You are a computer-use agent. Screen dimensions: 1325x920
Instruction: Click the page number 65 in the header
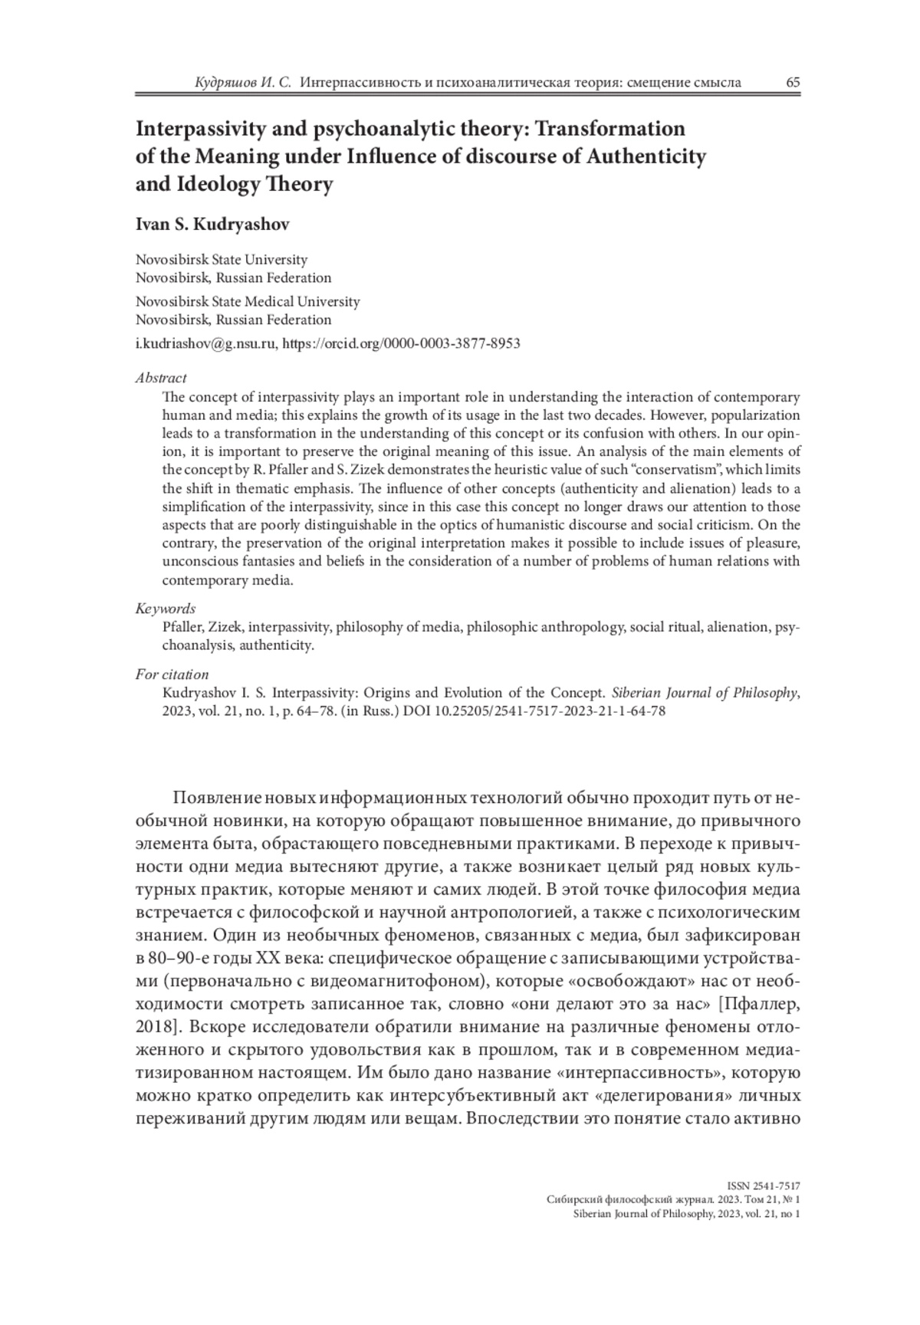coord(793,82)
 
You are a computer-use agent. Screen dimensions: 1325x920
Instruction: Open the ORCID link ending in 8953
coord(402,343)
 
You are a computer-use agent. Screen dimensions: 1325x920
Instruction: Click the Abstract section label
coord(161,378)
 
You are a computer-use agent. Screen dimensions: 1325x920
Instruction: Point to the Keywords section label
coord(166,608)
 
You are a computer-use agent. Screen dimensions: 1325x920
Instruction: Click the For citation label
coord(172,674)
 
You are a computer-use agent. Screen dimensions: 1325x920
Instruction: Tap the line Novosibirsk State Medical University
coord(248,302)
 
